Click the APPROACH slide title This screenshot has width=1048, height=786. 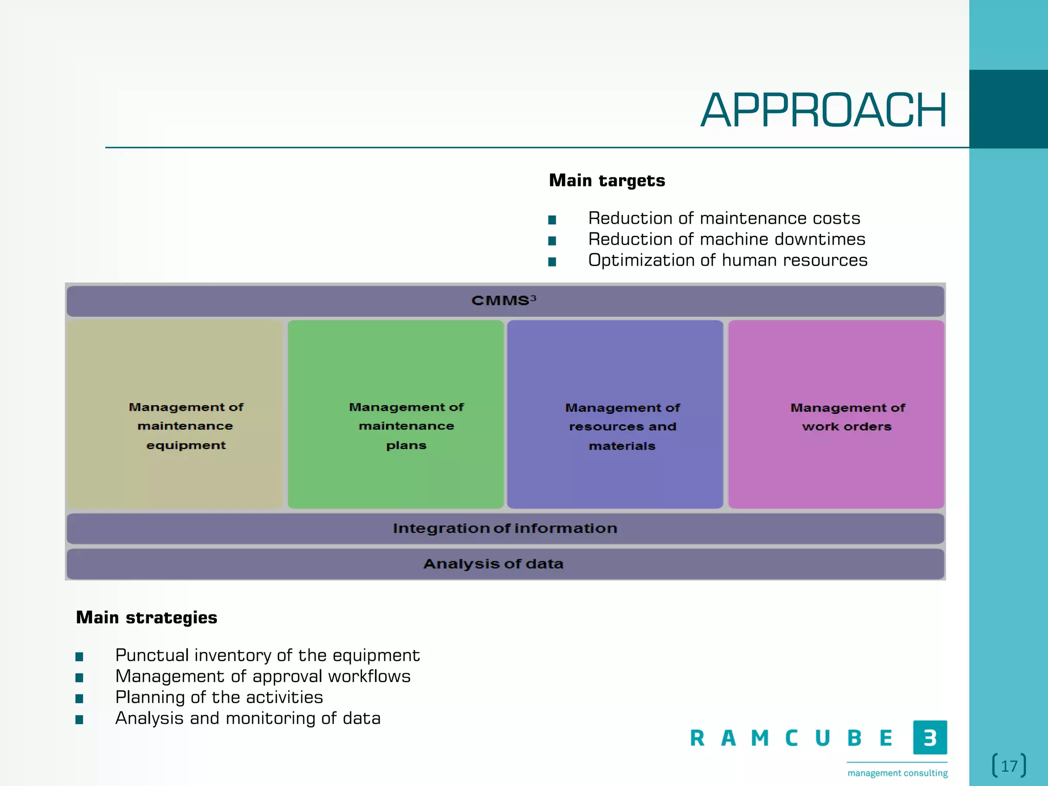823,111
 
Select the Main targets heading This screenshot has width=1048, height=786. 607,181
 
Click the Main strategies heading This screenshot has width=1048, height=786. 146,618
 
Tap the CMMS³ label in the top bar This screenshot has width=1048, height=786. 504,300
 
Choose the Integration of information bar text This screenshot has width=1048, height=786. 505,528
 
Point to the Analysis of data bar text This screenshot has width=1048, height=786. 493,564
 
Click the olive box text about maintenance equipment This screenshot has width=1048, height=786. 186,426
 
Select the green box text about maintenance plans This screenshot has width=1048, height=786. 406,426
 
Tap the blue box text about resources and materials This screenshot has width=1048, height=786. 622,427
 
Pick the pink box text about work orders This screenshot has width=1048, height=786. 847,417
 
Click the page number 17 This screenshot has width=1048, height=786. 1009,766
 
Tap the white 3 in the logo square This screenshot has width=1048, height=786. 930,738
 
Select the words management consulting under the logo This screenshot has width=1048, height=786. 898,773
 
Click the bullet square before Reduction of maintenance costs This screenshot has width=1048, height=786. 552,220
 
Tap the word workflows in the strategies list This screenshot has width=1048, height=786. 369,676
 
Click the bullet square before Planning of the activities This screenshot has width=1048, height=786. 79,698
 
